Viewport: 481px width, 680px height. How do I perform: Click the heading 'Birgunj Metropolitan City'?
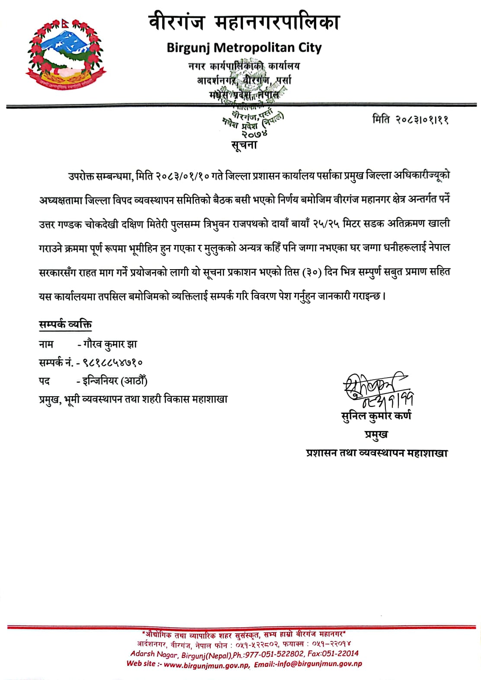click(x=244, y=48)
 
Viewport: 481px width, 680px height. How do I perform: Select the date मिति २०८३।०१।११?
click(x=410, y=119)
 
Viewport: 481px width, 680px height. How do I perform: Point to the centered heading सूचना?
click(x=244, y=145)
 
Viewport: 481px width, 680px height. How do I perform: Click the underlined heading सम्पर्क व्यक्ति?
click(x=65, y=324)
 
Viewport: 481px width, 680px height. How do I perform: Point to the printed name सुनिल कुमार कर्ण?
click(x=376, y=416)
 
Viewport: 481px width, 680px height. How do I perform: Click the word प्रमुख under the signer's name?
click(x=376, y=434)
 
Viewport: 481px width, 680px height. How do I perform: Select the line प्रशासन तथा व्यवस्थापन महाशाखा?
click(x=376, y=453)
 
